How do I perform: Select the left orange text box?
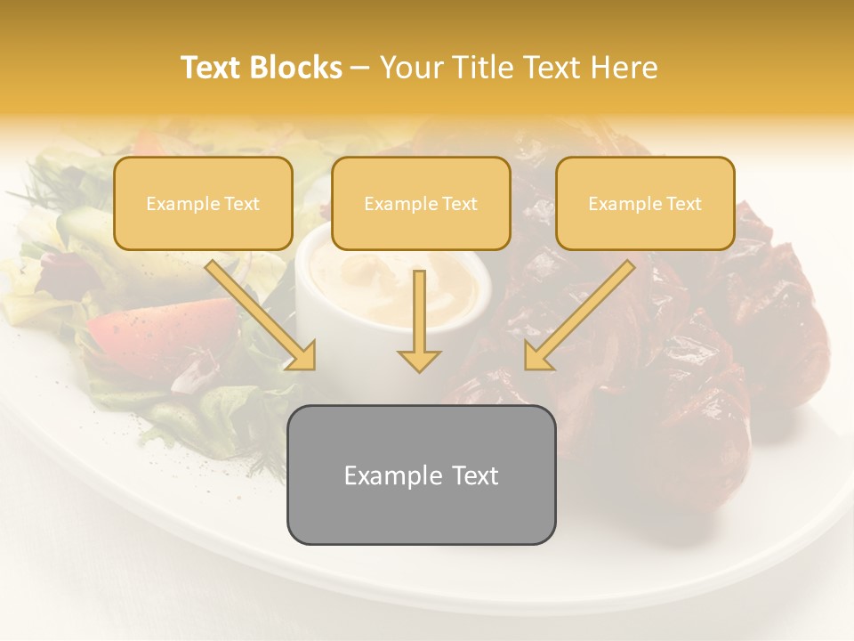pyautogui.click(x=203, y=203)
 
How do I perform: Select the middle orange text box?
pyautogui.click(x=421, y=203)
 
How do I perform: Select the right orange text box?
pyautogui.click(x=645, y=203)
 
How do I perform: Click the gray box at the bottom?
pyautogui.click(x=421, y=475)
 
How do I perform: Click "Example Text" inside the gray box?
pyautogui.click(x=421, y=475)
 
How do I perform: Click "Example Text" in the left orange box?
pyautogui.click(x=203, y=204)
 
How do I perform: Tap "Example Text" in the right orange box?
pyautogui.click(x=645, y=204)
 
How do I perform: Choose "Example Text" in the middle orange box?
pyautogui.click(x=421, y=204)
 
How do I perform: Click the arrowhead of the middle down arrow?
pyautogui.click(x=419, y=361)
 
